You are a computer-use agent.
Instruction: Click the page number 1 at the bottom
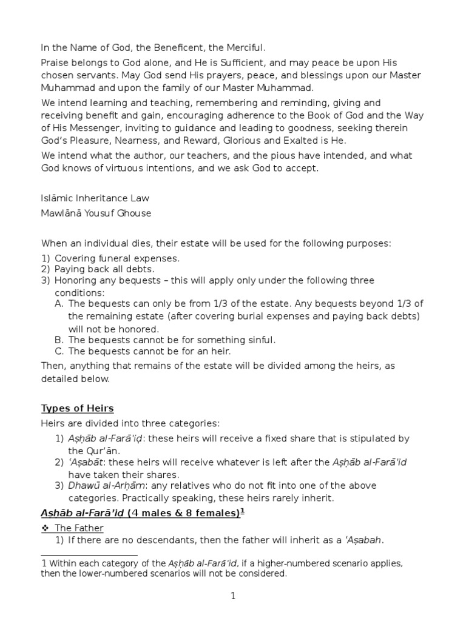(x=232, y=597)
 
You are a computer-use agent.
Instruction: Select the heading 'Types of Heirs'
(x=77, y=408)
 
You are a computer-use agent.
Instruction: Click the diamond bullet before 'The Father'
(x=46, y=528)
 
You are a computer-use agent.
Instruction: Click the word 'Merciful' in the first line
(x=246, y=47)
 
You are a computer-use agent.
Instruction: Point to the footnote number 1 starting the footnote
(x=44, y=563)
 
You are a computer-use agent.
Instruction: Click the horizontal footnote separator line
(x=89, y=555)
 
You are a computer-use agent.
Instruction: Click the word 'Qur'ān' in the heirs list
(x=92, y=451)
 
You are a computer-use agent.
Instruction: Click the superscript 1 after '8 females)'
(x=242, y=511)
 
